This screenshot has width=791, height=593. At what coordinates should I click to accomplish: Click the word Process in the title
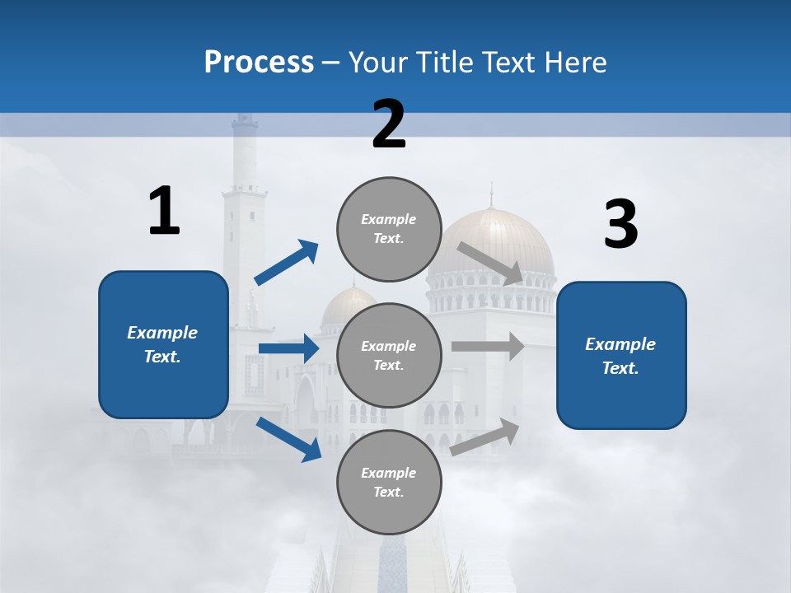coord(259,63)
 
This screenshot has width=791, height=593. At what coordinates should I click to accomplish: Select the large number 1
coord(164,211)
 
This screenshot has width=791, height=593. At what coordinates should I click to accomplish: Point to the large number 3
coord(620,224)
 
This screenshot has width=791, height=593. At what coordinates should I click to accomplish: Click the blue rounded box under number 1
coord(163,344)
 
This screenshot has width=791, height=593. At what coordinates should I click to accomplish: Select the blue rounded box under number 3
coord(621,356)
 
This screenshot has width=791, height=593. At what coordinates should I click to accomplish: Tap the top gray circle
coord(389,229)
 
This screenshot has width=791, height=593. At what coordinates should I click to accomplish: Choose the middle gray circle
coord(389,355)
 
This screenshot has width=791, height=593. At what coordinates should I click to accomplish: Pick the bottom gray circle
coord(389,482)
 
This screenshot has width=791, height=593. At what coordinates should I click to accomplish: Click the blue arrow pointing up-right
coord(287,263)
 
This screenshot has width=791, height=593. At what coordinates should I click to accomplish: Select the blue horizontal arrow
coord(288,348)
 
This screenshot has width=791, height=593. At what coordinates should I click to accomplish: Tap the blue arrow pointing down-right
coord(288,439)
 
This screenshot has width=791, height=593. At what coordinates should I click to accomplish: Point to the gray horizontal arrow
coord(488,346)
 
